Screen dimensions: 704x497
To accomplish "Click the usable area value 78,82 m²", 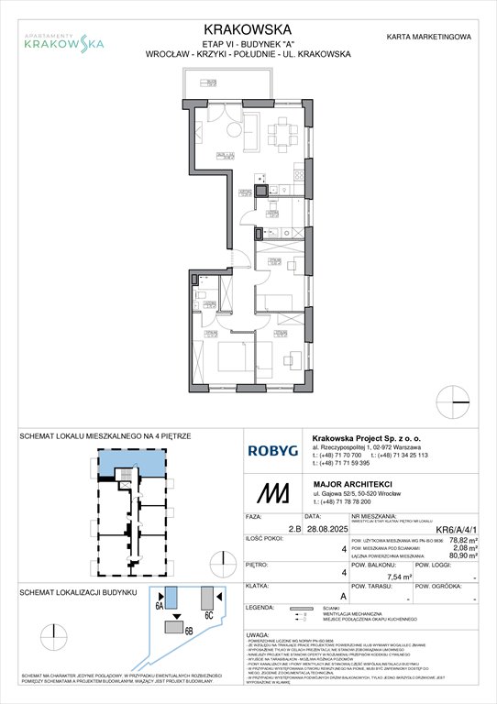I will [458, 542].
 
